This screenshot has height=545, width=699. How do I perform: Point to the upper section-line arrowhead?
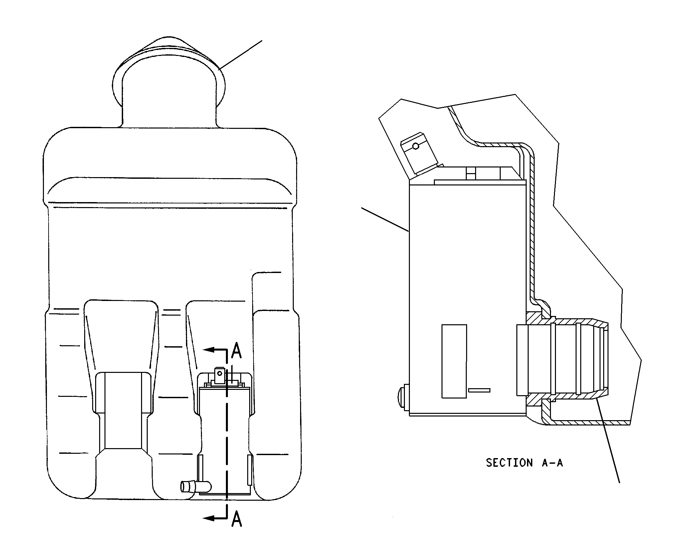pos(209,350)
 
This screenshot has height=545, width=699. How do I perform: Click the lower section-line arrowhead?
pos(209,527)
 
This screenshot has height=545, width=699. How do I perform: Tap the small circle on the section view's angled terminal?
pos(415,146)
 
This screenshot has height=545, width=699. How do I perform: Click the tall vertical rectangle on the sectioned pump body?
pos(454,361)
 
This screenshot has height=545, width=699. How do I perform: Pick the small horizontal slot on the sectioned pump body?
pos(479,390)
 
